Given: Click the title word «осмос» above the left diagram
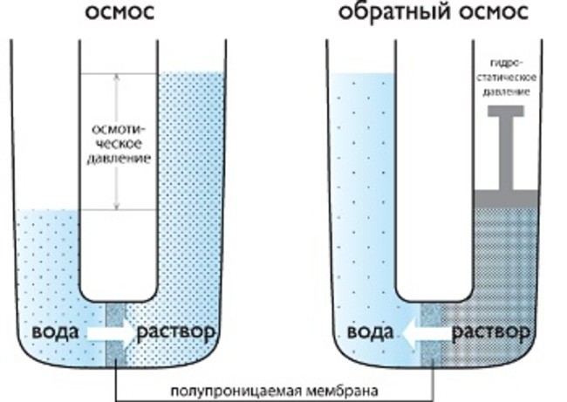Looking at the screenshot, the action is (x=120, y=12).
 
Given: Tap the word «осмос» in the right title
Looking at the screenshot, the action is (x=494, y=13).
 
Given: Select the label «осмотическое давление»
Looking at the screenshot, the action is (x=119, y=144).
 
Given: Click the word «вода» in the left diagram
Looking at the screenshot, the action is (x=55, y=331).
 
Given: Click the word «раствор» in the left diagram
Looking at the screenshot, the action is (x=176, y=332).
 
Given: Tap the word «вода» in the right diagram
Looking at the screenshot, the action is (x=370, y=331).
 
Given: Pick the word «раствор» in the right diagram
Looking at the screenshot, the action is (x=491, y=332).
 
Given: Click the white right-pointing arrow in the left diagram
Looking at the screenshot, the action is (x=110, y=333).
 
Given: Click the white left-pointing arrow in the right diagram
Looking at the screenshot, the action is (x=426, y=333).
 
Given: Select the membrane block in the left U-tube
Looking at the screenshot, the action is (x=115, y=334).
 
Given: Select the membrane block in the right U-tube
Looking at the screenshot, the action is (x=432, y=334).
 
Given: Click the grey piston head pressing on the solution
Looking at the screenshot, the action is (x=506, y=199).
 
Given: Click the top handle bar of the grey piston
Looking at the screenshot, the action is (x=506, y=111).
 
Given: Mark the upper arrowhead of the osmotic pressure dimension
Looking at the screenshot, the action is (x=116, y=78).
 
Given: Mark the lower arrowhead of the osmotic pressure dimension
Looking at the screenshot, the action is (x=116, y=206).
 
